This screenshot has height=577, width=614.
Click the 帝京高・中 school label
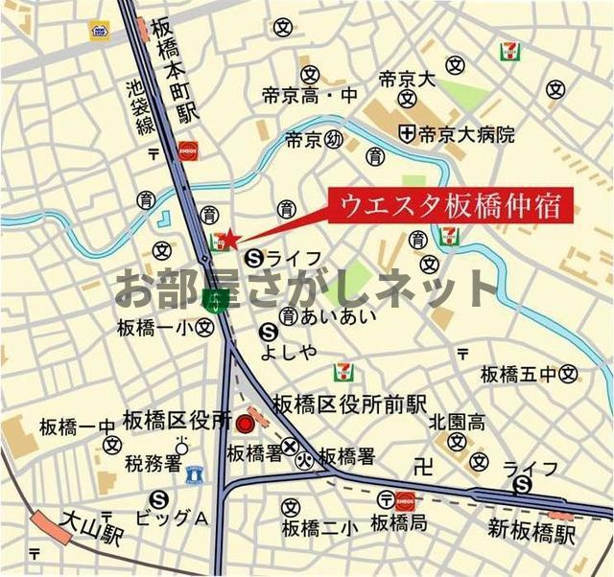[309, 96]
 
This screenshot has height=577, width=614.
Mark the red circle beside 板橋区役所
[246, 423]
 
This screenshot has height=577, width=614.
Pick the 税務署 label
[153, 465]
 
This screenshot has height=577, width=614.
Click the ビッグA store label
[171, 519]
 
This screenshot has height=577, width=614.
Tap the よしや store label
[288, 352]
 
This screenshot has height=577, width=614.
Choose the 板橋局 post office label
[399, 524]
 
